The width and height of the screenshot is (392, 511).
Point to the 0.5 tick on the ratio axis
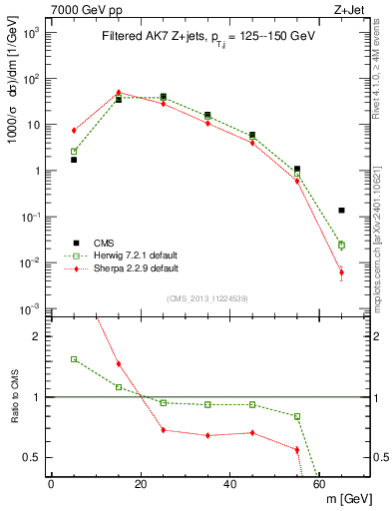click(37, 457)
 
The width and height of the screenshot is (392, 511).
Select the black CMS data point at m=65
click(341, 211)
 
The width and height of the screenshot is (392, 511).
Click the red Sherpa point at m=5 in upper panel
click(74, 131)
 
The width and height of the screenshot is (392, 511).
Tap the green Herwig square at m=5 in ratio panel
click(74, 359)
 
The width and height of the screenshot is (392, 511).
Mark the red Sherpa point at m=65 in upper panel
click(341, 272)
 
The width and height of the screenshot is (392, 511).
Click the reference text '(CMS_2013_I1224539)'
click(206, 297)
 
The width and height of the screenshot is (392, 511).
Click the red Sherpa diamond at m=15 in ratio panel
click(119, 364)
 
